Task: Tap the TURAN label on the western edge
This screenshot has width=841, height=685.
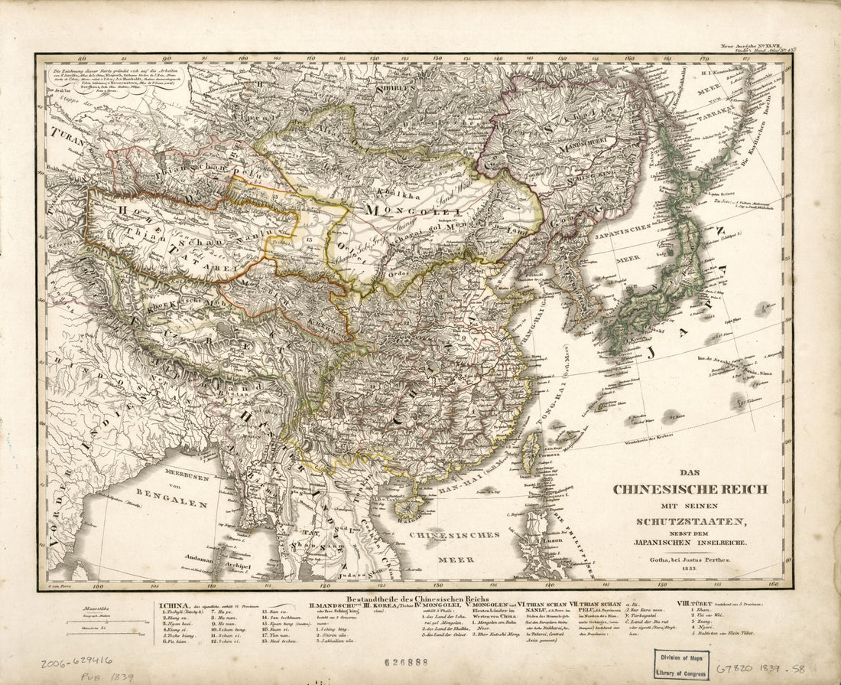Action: pos(67,135)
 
